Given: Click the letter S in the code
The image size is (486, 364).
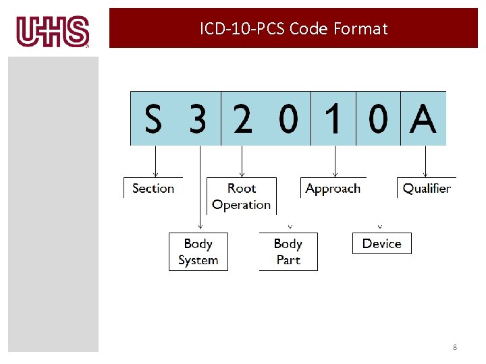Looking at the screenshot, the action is click(153, 120).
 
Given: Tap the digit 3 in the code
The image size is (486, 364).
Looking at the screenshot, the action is click(197, 120).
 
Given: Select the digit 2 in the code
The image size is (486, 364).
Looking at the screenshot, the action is click(243, 120).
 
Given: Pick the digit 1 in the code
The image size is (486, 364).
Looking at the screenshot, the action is click(333, 120).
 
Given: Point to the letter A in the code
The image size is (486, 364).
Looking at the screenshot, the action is click(423, 120).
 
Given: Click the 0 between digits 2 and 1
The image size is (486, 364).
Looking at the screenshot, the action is click(288, 120).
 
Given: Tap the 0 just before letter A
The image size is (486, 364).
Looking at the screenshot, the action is click(378, 120).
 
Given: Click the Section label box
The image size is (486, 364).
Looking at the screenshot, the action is click(153, 188).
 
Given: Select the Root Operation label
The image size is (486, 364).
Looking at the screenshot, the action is click(241, 196).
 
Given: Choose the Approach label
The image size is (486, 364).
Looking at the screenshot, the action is click(333, 188).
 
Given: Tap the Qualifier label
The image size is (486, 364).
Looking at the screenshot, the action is click(426, 188).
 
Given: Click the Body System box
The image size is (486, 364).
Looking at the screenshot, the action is click(198, 251).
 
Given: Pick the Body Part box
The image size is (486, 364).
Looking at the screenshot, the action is click(288, 251).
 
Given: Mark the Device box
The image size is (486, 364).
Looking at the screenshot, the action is click(381, 243).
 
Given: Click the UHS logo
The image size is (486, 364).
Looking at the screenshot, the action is click(53, 32).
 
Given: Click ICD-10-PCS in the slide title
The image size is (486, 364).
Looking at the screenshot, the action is click(242, 28).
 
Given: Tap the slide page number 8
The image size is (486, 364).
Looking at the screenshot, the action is click(454, 347).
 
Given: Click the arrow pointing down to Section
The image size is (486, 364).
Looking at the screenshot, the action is click(156, 161).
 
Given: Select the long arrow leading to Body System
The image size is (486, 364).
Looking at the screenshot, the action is click(200, 189).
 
